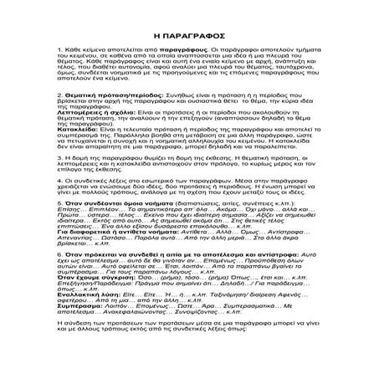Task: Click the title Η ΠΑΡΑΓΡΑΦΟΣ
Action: point(189,38)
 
